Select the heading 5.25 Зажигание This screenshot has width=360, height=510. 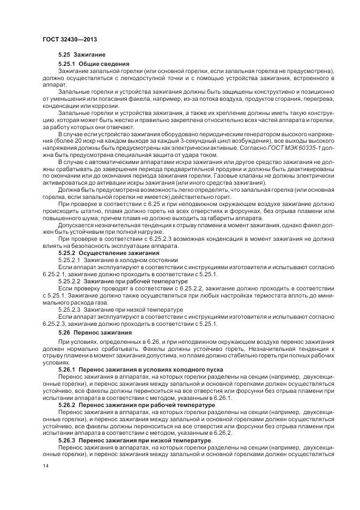tap(82, 56)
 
